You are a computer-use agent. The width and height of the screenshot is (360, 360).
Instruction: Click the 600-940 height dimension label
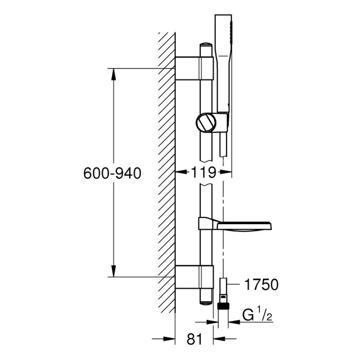(112, 173)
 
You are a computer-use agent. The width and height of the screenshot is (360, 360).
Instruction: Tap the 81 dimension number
(194, 339)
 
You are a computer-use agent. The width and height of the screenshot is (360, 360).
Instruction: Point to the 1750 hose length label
(261, 285)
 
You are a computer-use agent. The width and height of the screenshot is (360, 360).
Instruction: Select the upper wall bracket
(194, 68)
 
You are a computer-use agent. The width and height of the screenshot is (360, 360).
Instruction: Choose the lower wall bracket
(194, 277)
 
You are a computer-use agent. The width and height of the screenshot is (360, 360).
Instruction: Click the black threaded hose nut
(223, 306)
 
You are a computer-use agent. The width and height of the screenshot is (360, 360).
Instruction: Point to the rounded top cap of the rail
(206, 44)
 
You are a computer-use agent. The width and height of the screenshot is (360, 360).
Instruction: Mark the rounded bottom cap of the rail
(206, 303)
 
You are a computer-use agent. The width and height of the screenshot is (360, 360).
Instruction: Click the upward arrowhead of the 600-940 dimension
(113, 74)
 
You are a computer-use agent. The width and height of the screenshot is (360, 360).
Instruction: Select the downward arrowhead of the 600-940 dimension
(113, 271)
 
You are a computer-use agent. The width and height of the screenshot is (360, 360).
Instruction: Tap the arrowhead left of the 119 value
(181, 172)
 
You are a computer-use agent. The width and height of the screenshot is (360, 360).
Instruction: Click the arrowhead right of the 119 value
(225, 172)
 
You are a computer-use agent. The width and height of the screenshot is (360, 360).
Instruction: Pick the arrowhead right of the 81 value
(219, 338)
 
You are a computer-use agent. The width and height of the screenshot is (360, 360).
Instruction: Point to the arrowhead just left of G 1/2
(212, 322)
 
